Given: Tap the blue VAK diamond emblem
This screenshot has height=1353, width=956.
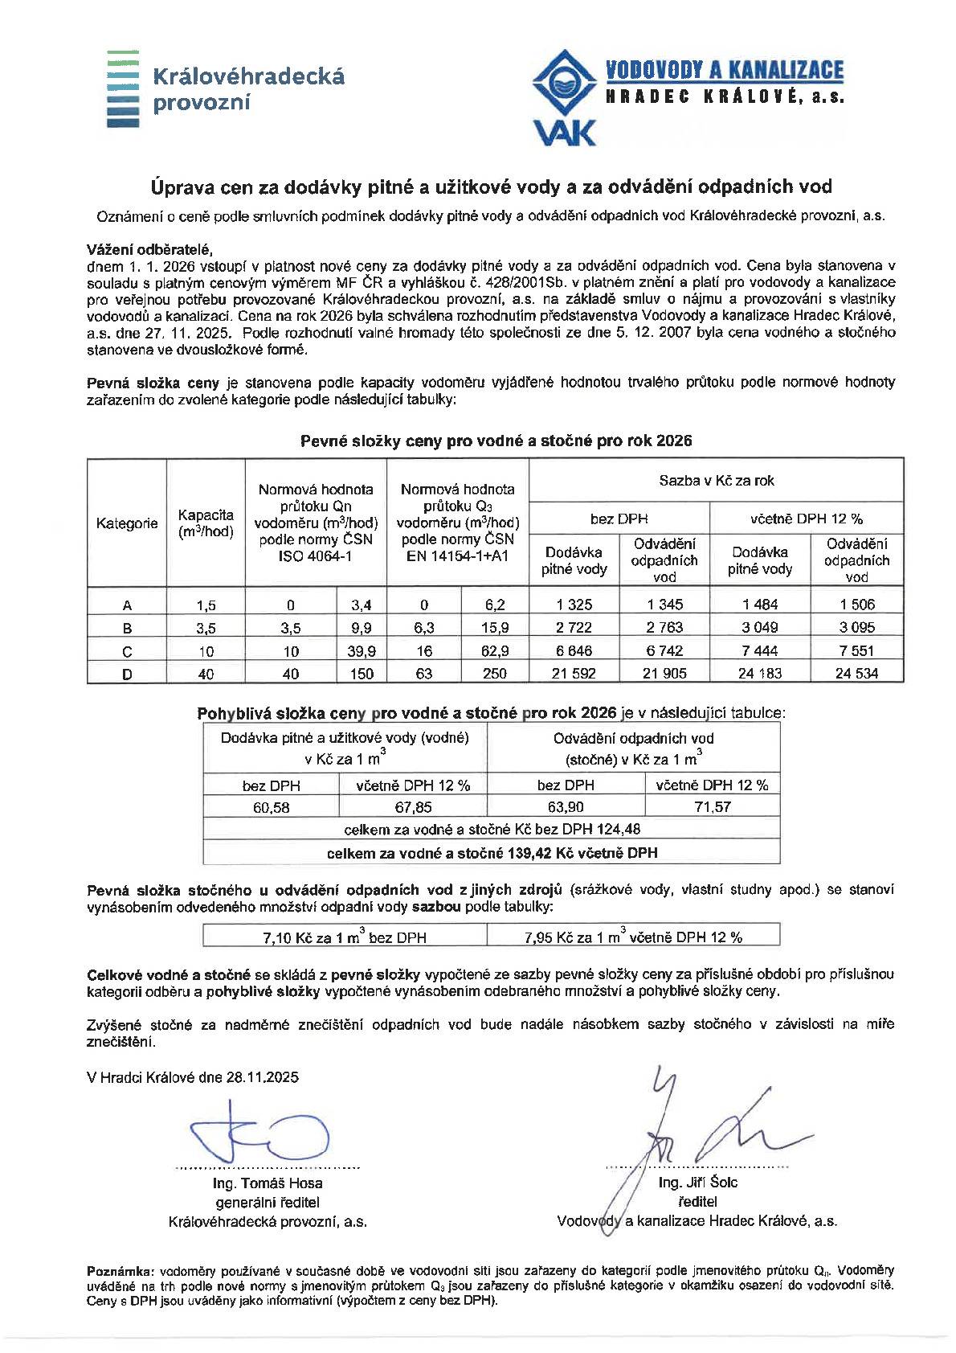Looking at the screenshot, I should click(566, 84).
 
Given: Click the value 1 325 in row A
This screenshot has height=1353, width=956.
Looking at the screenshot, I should click(573, 605).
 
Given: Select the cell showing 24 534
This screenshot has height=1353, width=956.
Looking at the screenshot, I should click(856, 674).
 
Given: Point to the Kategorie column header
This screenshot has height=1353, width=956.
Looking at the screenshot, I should click(127, 523).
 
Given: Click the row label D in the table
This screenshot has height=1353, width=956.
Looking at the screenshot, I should click(127, 674).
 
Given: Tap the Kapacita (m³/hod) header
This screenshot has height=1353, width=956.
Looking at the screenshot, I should click(206, 523).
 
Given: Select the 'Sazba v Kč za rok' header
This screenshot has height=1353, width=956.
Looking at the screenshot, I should click(716, 481).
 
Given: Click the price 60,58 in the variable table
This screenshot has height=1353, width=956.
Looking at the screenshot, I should click(272, 807).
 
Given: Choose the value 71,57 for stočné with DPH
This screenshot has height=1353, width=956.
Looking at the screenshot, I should click(712, 807).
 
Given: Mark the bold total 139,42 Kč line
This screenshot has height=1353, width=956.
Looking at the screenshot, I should click(492, 852).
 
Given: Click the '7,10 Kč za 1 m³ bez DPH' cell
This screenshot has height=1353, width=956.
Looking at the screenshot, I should click(345, 937).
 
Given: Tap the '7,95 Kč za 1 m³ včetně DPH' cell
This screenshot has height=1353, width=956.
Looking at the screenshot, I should click(633, 937).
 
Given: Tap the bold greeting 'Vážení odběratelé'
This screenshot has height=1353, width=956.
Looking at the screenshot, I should click(149, 248).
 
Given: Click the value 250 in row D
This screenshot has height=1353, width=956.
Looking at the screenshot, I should click(495, 674).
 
